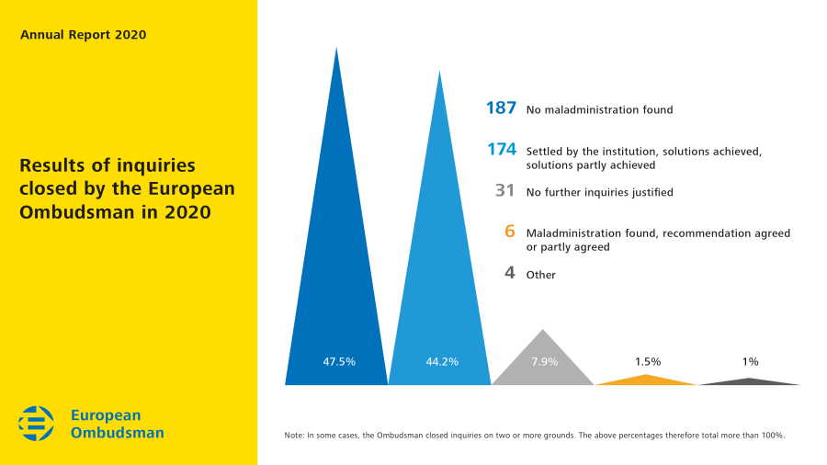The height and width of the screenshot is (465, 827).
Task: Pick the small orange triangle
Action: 647,380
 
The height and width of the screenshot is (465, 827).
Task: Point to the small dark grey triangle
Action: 751,381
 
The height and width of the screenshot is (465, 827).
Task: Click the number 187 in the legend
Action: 501,108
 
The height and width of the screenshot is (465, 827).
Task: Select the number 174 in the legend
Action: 501,150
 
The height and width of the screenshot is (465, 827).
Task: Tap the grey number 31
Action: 504,191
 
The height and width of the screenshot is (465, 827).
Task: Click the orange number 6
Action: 509,232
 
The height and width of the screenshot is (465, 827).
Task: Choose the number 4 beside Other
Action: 509,273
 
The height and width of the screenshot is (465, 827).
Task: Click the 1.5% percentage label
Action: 647,361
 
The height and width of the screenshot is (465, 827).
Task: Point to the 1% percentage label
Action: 750,361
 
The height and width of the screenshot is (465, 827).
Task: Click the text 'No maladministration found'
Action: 599,110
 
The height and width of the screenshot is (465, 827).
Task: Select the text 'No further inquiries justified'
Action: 599,193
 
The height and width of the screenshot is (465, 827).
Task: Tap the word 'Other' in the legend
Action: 540,275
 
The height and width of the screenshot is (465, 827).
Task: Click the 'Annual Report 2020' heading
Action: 83,35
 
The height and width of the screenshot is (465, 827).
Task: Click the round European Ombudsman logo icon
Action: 37,424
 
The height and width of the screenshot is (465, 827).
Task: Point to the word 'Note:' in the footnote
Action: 294,435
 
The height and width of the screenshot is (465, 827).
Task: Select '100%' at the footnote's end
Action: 773,435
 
